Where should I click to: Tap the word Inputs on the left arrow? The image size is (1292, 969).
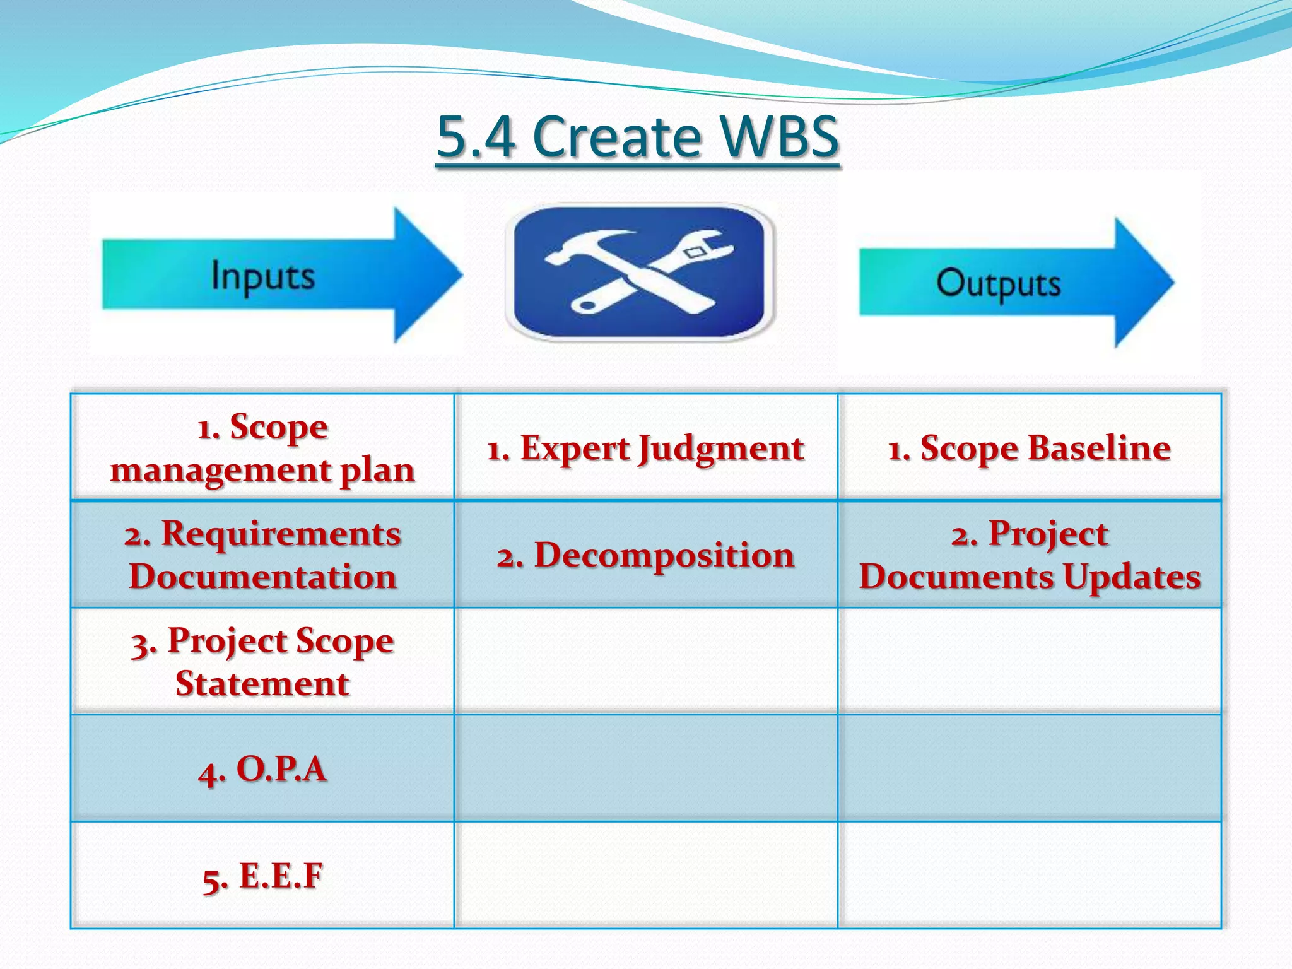(x=262, y=276)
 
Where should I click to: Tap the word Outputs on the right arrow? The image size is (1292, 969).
(x=998, y=283)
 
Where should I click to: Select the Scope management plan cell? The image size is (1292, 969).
(x=262, y=448)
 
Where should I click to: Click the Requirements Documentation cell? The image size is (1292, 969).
(x=262, y=555)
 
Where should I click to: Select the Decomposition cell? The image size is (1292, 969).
(x=645, y=555)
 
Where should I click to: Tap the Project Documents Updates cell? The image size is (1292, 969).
(x=1029, y=555)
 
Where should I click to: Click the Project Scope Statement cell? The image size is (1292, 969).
(x=262, y=661)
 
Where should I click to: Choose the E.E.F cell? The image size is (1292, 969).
(x=262, y=876)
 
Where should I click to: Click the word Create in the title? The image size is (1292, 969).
(x=616, y=137)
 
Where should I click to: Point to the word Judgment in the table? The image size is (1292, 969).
(x=720, y=450)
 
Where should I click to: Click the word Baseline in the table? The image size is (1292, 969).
(x=1098, y=449)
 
